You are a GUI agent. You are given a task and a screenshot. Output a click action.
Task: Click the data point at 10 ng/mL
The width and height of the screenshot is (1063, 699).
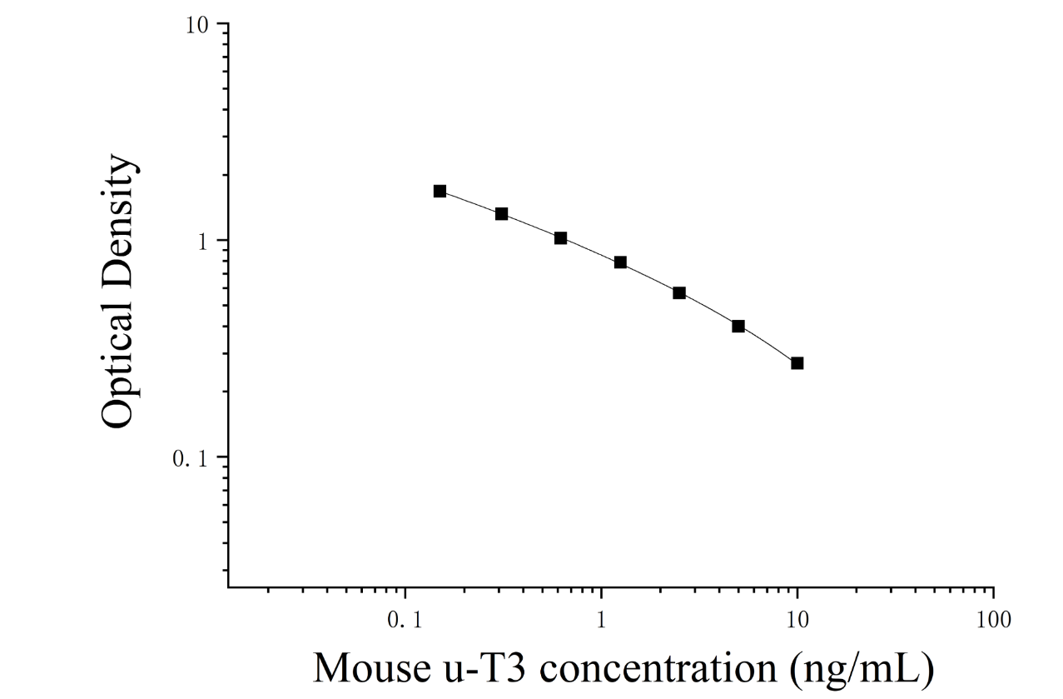point(797,363)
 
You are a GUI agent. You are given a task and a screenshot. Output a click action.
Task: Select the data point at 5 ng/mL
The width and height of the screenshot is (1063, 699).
point(738,327)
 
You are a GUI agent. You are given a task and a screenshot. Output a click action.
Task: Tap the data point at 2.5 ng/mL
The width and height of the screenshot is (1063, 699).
point(679,293)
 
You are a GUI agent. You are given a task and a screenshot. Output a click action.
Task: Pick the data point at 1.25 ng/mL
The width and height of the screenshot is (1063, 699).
point(620,262)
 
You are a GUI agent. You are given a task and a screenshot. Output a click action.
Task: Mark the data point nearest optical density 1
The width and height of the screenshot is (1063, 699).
point(560,238)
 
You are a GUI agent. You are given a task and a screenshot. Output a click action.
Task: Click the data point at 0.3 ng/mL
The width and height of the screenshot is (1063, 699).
point(502,213)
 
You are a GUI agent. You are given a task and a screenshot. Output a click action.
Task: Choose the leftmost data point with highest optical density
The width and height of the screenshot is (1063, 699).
point(440,192)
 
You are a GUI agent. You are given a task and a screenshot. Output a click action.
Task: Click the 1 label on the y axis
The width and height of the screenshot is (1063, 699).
point(204,242)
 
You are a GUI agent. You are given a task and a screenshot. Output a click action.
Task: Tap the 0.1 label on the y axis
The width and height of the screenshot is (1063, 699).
point(191,459)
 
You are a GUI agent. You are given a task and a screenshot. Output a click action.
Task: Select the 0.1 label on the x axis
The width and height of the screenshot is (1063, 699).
point(405,620)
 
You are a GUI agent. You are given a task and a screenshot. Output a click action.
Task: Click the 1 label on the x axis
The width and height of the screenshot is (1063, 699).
point(601,620)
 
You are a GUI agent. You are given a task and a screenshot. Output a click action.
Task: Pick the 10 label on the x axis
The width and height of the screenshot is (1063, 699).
point(797,620)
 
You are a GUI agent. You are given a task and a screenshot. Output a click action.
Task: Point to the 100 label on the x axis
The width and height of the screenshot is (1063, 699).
point(993,620)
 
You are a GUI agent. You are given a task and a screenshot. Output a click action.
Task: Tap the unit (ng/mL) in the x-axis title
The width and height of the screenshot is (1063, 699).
point(862,669)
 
